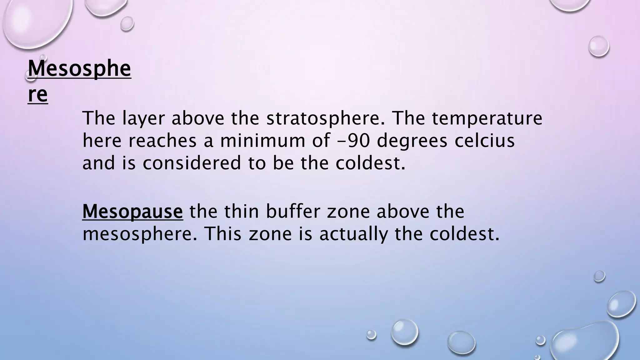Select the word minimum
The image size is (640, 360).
pyautogui.click(x=262, y=141)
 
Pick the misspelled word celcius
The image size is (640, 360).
pyautogui.click(x=484, y=141)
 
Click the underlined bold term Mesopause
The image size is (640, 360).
pyautogui.click(x=132, y=212)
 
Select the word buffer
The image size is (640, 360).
pyautogui.click(x=293, y=212)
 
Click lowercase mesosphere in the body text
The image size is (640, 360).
pyautogui.click(x=140, y=234)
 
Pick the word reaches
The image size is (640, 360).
pyautogui.click(x=162, y=141)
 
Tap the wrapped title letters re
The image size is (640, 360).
pyautogui.click(x=37, y=95)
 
